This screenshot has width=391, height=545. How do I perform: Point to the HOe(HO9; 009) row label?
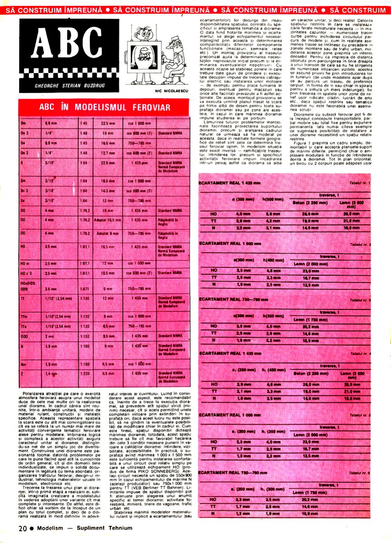click(27, 285)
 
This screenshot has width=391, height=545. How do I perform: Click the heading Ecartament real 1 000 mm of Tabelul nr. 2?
click(228, 243)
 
